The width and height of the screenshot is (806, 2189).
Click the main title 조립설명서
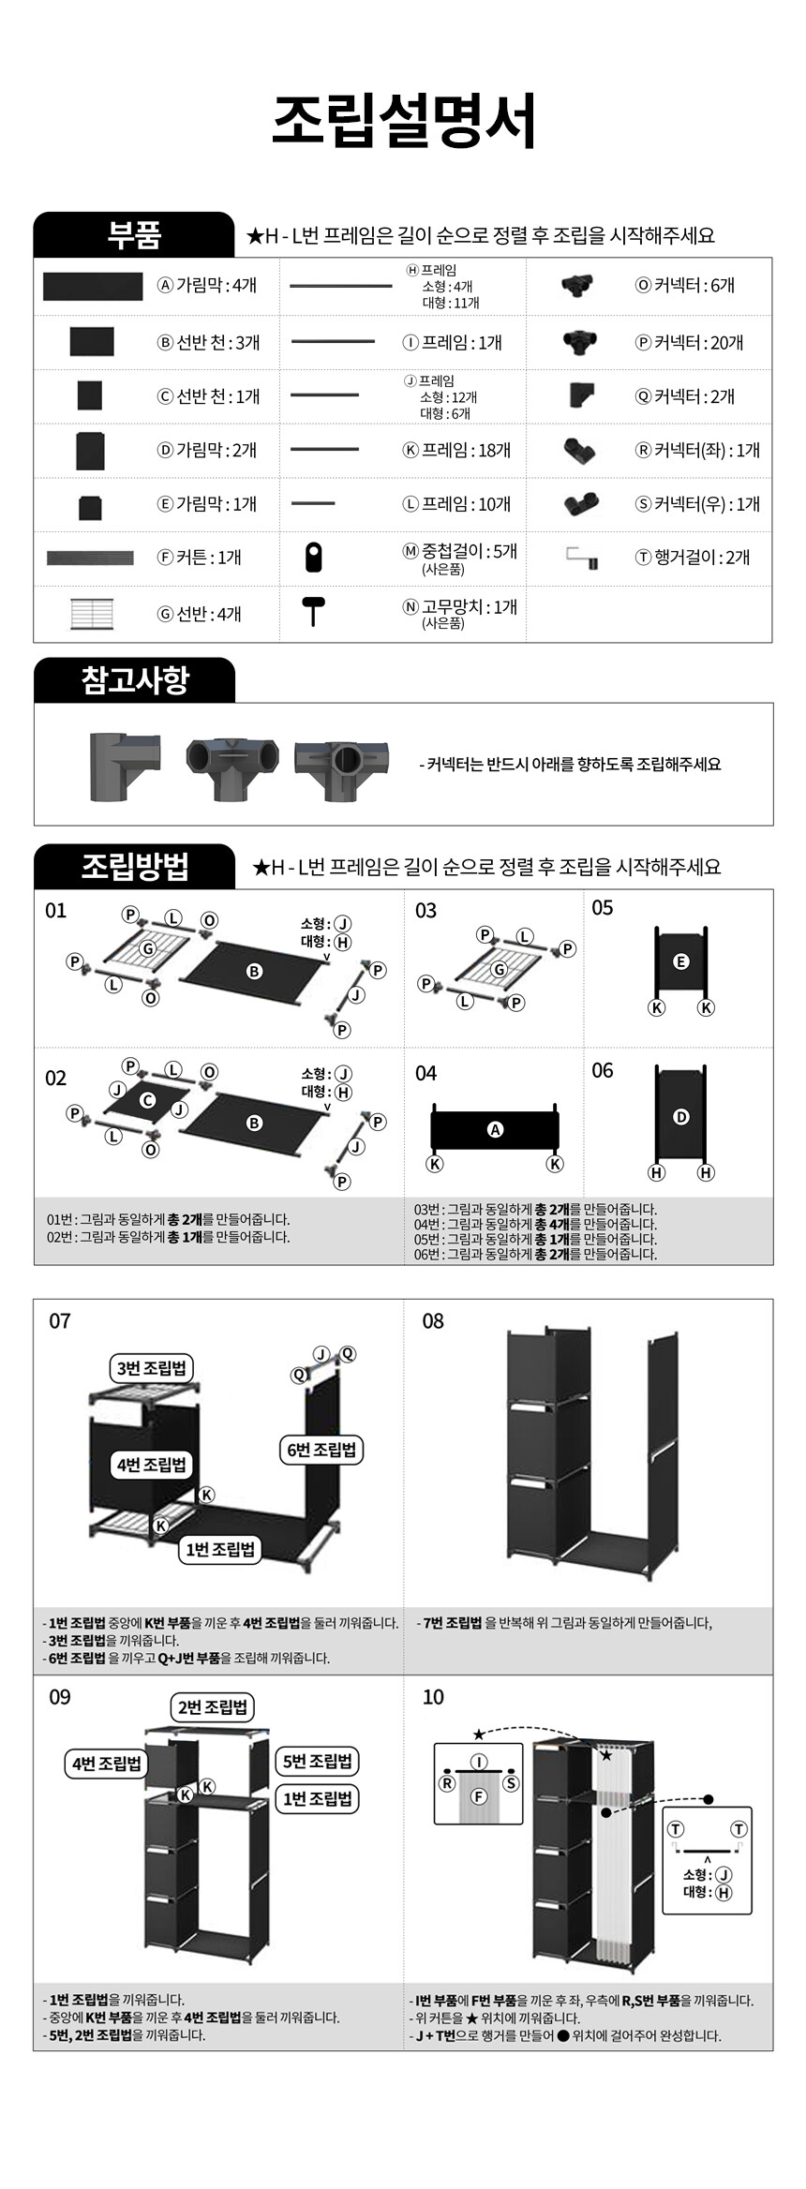tap(403, 120)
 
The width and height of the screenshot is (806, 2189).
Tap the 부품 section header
tap(134, 234)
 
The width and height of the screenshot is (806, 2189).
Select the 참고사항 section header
tap(134, 679)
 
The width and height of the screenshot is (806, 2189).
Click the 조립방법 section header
tap(134, 866)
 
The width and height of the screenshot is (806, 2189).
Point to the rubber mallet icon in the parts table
tap(313, 611)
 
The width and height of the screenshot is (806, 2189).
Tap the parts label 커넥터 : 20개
tap(689, 343)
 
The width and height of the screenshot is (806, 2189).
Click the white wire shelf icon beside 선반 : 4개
tap(92, 614)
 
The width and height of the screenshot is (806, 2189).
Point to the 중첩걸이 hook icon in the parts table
tap(314, 558)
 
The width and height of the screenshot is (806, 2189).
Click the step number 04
tap(425, 1073)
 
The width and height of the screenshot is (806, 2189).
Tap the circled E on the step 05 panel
tap(681, 961)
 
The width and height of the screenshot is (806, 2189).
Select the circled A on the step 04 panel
tap(495, 1130)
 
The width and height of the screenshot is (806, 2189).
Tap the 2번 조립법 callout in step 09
tap(214, 1706)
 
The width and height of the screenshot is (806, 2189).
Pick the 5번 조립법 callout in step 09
tap(318, 1761)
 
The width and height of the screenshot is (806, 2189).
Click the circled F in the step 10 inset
tap(479, 1796)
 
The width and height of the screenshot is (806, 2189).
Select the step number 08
tap(433, 1321)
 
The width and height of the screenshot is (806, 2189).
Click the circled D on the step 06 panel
tap(681, 1117)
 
